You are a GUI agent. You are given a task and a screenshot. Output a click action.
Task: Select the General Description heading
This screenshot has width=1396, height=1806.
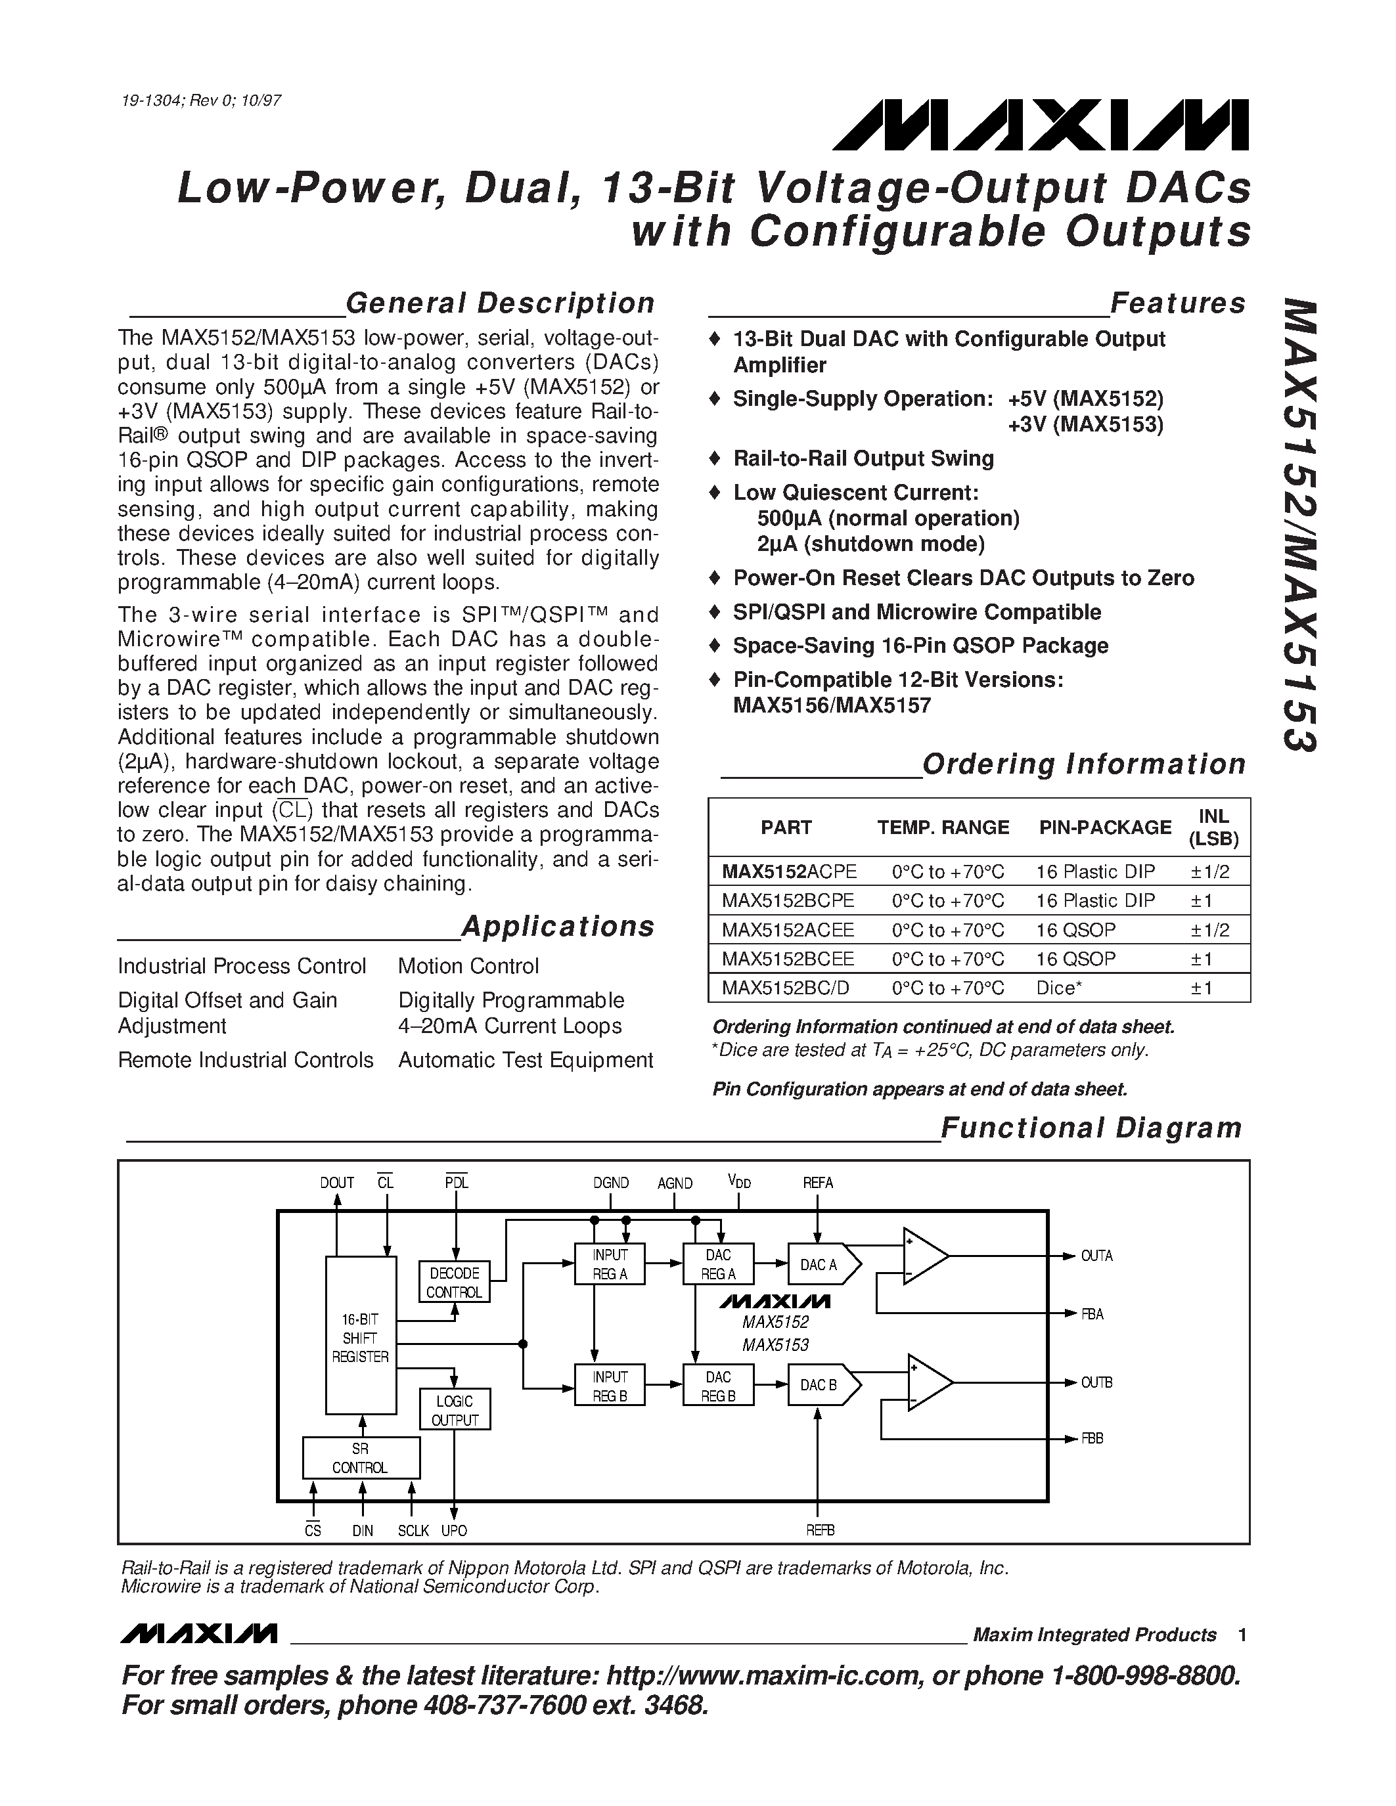click(499, 303)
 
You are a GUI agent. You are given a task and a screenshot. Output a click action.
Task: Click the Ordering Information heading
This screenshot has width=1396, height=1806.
click(1083, 764)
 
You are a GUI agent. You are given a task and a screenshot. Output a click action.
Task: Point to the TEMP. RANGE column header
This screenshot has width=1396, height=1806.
click(943, 827)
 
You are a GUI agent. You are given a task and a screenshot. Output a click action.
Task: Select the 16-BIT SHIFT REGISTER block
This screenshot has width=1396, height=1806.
click(361, 1338)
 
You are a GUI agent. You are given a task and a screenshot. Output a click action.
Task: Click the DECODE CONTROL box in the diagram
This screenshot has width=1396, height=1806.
click(454, 1283)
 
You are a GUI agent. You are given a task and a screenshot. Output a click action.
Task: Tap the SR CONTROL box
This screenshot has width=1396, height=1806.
click(361, 1458)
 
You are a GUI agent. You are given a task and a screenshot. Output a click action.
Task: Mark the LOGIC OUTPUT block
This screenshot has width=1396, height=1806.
click(455, 1410)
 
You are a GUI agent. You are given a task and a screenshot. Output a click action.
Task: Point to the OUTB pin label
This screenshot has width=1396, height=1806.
click(1096, 1382)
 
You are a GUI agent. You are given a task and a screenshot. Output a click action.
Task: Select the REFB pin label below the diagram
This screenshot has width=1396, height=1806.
click(821, 1531)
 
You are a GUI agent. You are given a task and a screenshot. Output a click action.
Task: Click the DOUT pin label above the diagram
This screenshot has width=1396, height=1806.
click(336, 1183)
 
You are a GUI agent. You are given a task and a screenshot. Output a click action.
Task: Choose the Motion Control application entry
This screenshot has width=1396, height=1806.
click(468, 966)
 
